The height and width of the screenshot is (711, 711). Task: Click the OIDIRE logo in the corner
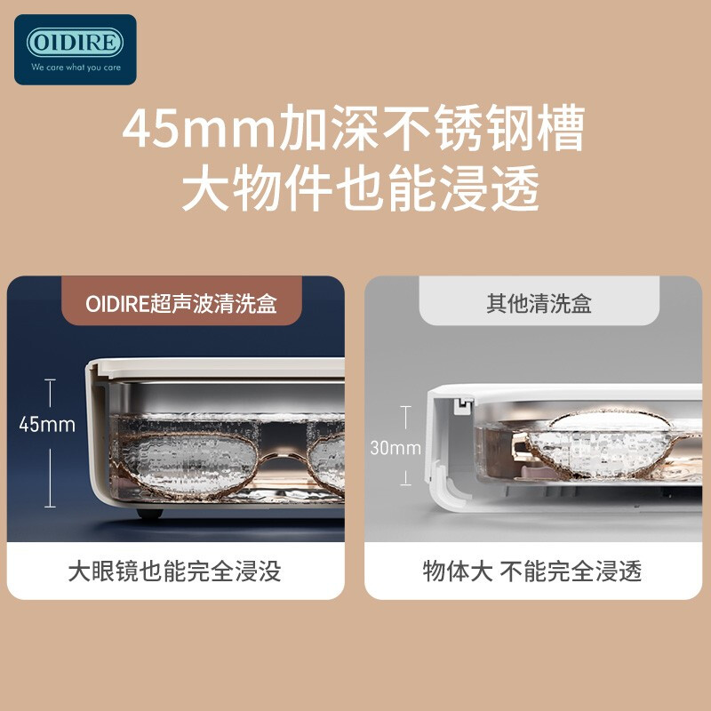75,43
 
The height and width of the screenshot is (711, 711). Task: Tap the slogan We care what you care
75,67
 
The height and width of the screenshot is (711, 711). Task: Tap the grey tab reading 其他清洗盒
539,304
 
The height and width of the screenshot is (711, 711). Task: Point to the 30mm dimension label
395,448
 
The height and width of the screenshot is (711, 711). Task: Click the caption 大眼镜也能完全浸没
174,571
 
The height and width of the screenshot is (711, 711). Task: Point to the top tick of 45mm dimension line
50,380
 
